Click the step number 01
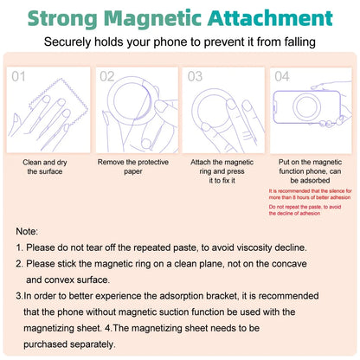click(19, 76)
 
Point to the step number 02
click(107, 76)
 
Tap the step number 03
click(196, 76)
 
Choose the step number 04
click(283, 76)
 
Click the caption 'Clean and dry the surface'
click(45, 166)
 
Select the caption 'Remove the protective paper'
click(134, 166)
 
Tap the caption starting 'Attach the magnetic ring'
click(222, 171)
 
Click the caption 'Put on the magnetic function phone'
click(310, 171)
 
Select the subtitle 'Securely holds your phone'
click(180, 42)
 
